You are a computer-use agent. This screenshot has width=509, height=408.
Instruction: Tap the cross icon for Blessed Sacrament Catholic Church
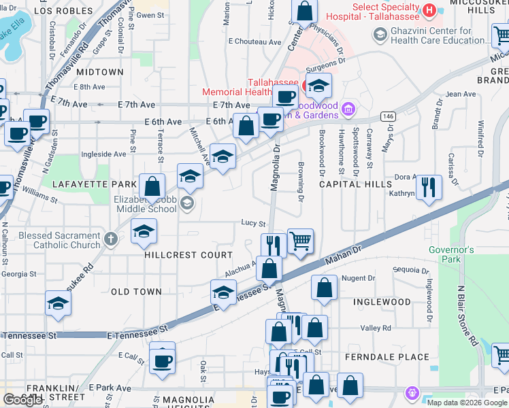pyautogui.click(x=112, y=239)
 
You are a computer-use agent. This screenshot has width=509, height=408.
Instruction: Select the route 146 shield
pyautogui.click(x=388, y=116)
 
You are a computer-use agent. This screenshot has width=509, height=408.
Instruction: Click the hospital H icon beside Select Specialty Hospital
pyautogui.click(x=429, y=10)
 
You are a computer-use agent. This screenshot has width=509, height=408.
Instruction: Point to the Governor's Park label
pyautogui.click(x=450, y=254)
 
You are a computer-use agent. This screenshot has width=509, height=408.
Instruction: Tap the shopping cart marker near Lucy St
pyautogui.click(x=300, y=241)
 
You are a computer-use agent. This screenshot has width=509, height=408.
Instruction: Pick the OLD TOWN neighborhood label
pyautogui.click(x=136, y=292)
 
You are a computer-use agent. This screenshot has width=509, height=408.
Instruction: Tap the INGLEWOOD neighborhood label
pyautogui.click(x=382, y=302)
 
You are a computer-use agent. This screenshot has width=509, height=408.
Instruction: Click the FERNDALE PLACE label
pyautogui.click(x=387, y=357)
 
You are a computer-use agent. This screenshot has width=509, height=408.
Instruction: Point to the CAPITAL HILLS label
pyautogui.click(x=355, y=184)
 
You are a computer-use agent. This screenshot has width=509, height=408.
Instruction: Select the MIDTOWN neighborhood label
pyautogui.click(x=100, y=72)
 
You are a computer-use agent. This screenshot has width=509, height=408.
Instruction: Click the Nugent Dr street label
pyautogui.click(x=358, y=278)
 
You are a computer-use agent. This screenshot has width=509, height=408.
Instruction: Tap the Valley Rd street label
pyautogui.click(x=376, y=328)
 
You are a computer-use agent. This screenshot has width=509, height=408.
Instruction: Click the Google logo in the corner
pyautogui.click(x=22, y=400)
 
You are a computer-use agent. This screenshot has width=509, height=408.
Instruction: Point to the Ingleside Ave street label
pyautogui.click(x=103, y=154)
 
